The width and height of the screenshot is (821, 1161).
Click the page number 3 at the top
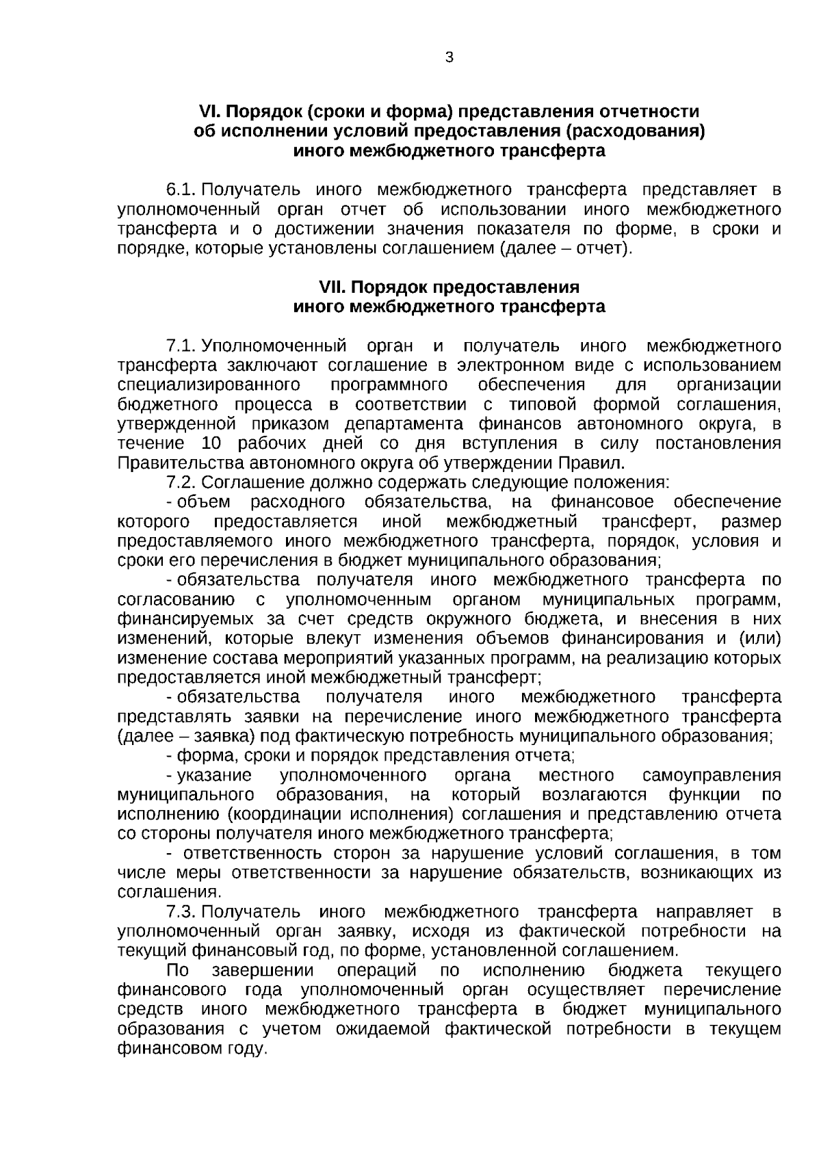(449, 58)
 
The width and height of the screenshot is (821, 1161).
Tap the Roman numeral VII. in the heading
(334, 287)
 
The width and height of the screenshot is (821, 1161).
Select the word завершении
(263, 971)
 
